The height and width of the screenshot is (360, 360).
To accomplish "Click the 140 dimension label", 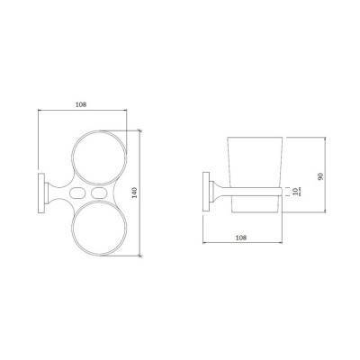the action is coord(135,193).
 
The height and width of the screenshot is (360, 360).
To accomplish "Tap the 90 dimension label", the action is coord(320,176).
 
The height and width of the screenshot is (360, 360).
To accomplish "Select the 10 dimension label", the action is coord(295,191).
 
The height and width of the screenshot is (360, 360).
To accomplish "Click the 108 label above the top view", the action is coord(81,104).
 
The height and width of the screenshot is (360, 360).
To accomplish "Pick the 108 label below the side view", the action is coord(241,238).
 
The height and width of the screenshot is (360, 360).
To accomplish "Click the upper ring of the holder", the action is coord(72,157).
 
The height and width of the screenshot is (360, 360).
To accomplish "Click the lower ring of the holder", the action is coord(72,228).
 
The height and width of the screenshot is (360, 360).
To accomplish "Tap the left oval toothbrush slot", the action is coord(76,193).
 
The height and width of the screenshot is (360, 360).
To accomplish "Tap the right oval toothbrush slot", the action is coord(99,193).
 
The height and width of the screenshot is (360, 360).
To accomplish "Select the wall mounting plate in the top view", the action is coord(41,193).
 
